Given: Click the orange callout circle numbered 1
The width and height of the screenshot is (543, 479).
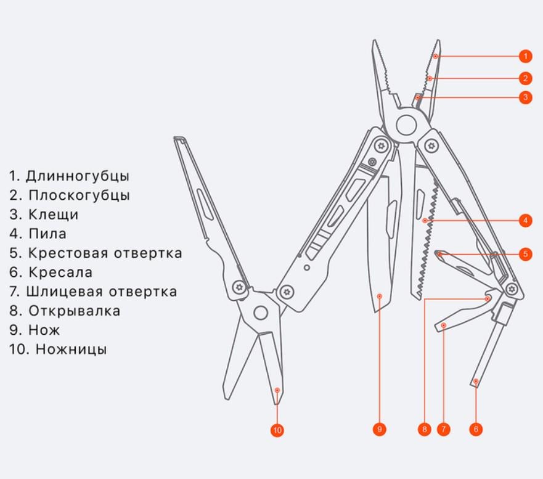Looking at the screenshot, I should click(x=525, y=56).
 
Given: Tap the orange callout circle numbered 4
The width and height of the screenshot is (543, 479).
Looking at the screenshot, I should click(x=525, y=220).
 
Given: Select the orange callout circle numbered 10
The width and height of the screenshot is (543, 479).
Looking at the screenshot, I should click(x=277, y=430).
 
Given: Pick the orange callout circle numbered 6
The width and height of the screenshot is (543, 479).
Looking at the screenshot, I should click(x=475, y=429).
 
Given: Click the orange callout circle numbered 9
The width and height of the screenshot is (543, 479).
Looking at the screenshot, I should click(x=380, y=429).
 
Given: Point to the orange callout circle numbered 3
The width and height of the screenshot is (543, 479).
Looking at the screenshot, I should click(x=525, y=97).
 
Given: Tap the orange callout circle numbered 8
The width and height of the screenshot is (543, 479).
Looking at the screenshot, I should click(x=424, y=429).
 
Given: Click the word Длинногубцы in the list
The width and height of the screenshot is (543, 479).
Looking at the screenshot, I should click(x=78, y=176).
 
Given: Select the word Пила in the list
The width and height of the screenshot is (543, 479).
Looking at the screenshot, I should click(x=47, y=234).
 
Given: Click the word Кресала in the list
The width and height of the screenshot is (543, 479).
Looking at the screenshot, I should click(x=60, y=272).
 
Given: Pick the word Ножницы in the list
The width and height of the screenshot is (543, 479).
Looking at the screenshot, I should click(x=71, y=349).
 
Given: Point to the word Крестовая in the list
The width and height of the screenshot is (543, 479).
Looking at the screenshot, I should click(x=65, y=253).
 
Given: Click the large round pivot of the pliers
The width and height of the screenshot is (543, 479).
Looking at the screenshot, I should click(x=405, y=125).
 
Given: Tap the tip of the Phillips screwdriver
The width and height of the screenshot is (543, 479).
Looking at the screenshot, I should click(x=439, y=253).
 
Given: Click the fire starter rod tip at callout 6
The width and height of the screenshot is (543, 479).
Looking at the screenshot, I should click(x=476, y=382).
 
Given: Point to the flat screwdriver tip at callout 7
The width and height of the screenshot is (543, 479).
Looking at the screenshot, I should click(x=442, y=325).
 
